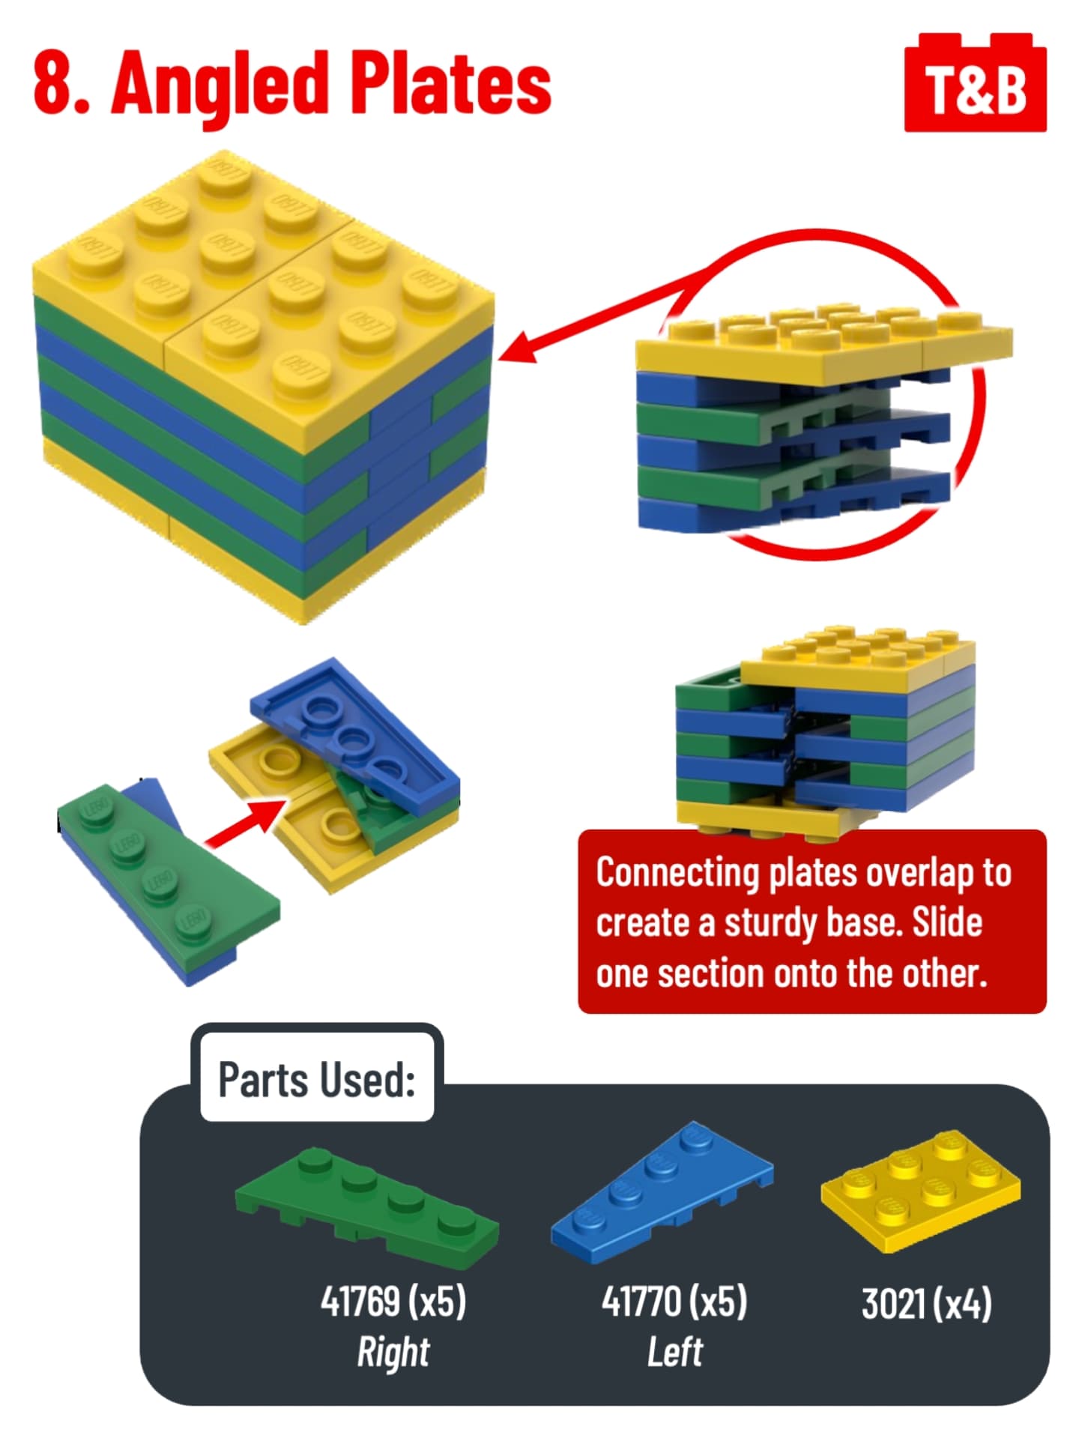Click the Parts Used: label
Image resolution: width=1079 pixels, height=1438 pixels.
pos(316,1080)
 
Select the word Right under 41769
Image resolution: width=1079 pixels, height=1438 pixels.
pos(393,1352)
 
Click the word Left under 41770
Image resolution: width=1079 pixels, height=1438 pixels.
pos(675,1352)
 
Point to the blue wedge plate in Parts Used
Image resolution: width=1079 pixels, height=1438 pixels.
pos(662,1193)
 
